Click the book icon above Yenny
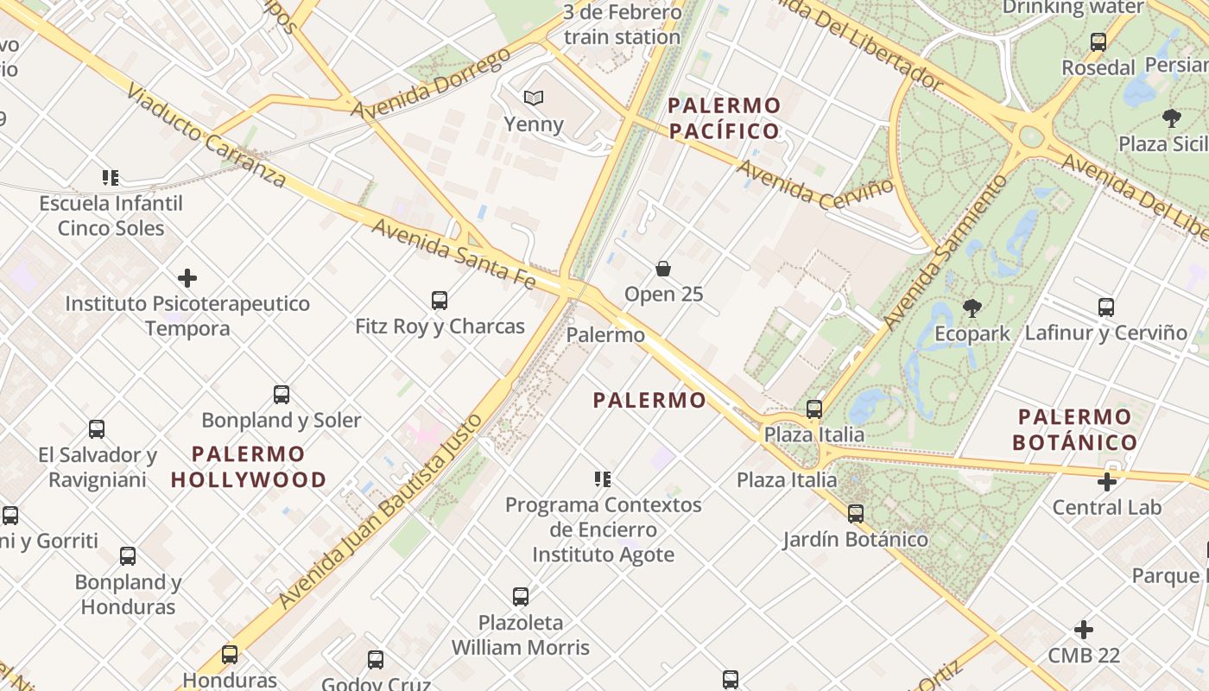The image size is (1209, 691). tap(535, 98)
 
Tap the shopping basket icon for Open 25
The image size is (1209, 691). tap(663, 269)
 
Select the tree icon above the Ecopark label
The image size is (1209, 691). tap(972, 307)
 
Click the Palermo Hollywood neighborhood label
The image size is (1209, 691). tap(249, 466)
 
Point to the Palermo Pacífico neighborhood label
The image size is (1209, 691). tap(725, 118)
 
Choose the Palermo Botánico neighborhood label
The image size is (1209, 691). tap(1075, 429)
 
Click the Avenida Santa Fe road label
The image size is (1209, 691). tap(453, 250)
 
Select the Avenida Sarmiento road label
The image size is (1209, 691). tap(946, 251)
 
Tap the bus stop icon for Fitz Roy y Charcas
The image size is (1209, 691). tap(440, 301)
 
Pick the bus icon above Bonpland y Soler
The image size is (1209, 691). tap(282, 395)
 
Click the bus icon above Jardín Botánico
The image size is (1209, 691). tap(856, 514)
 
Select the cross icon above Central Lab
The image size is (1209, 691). tap(1107, 482)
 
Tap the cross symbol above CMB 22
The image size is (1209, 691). tap(1084, 630)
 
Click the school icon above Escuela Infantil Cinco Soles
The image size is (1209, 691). tap(111, 178)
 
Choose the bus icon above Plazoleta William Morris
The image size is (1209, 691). tap(521, 597)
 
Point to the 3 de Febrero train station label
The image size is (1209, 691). tap(622, 25)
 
